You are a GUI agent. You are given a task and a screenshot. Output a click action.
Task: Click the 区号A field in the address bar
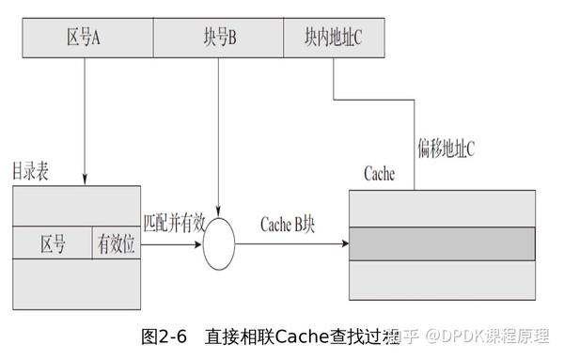click(x=85, y=37)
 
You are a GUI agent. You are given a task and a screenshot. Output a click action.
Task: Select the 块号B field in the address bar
click(x=219, y=37)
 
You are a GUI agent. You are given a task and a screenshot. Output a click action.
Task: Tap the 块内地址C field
click(x=334, y=37)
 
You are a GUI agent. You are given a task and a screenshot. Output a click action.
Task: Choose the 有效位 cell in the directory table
click(x=116, y=244)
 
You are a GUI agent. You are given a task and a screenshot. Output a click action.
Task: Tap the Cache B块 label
click(x=288, y=226)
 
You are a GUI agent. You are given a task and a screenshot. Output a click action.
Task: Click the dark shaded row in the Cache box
click(x=442, y=244)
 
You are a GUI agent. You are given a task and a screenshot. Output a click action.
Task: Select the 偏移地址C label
click(x=445, y=147)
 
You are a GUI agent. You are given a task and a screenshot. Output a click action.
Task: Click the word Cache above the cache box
click(x=378, y=175)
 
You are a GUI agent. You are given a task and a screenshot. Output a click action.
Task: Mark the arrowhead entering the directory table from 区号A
click(x=86, y=180)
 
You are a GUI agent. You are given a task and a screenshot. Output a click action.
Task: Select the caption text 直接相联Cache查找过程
click(x=301, y=336)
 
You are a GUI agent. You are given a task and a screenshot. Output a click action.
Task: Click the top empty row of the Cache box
click(x=442, y=209)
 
